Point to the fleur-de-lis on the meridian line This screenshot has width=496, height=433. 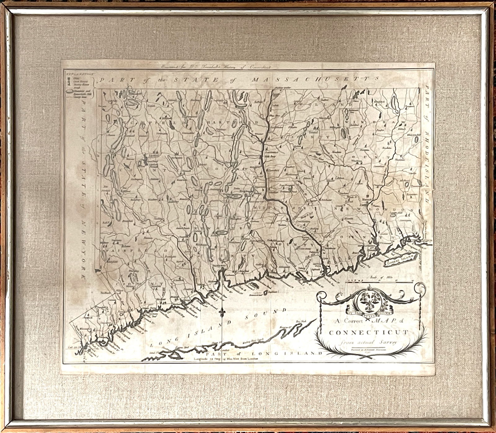coord(221,312)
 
